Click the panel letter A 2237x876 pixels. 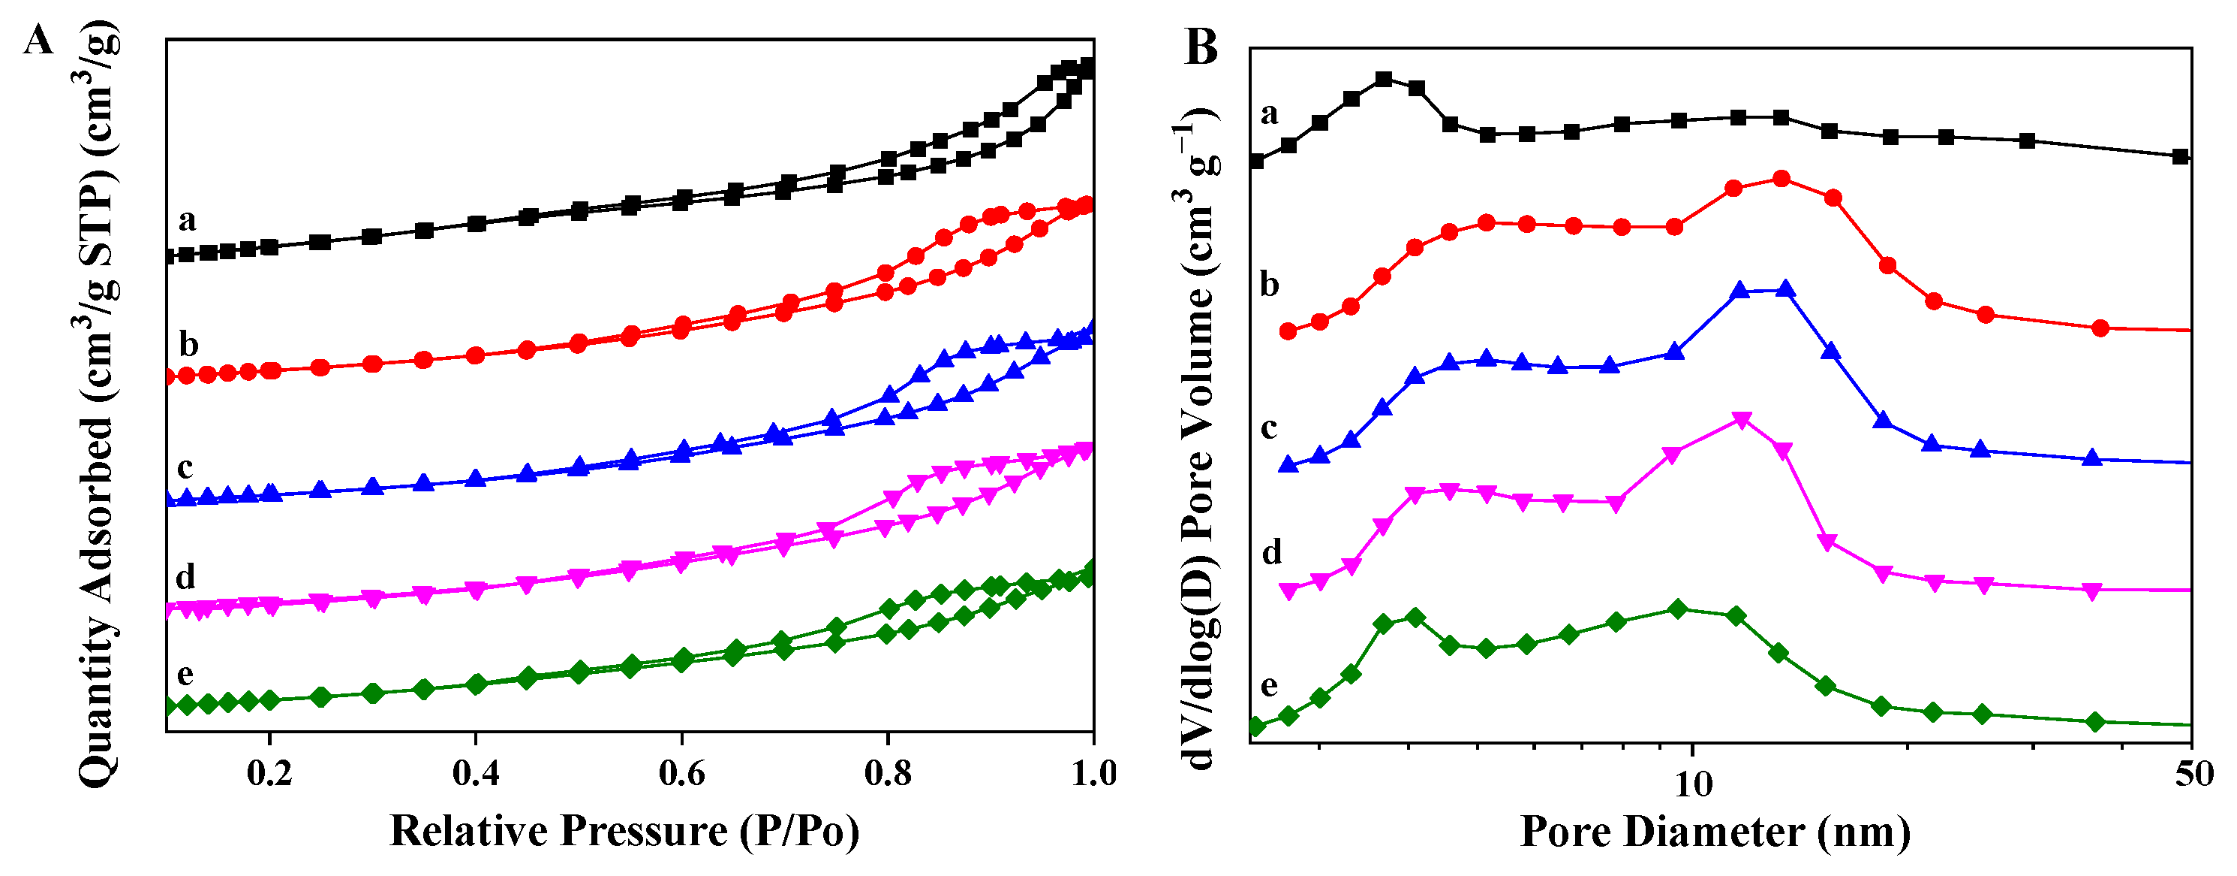point(38,41)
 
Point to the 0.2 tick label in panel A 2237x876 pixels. point(269,774)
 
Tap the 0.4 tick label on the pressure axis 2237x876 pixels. point(475,774)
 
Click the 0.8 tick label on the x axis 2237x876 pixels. point(888,774)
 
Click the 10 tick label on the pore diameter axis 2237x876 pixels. point(1692,785)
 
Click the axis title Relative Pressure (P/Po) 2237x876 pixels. point(624,831)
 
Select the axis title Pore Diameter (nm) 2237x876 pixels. point(1715,832)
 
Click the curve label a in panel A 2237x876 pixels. point(187,221)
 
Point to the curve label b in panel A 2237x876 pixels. point(188,345)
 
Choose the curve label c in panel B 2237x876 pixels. point(1269,427)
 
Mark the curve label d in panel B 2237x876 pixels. point(1270,552)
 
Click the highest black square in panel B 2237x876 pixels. point(1385,79)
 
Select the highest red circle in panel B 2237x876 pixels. point(1781,178)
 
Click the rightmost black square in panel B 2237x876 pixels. point(2178,156)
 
